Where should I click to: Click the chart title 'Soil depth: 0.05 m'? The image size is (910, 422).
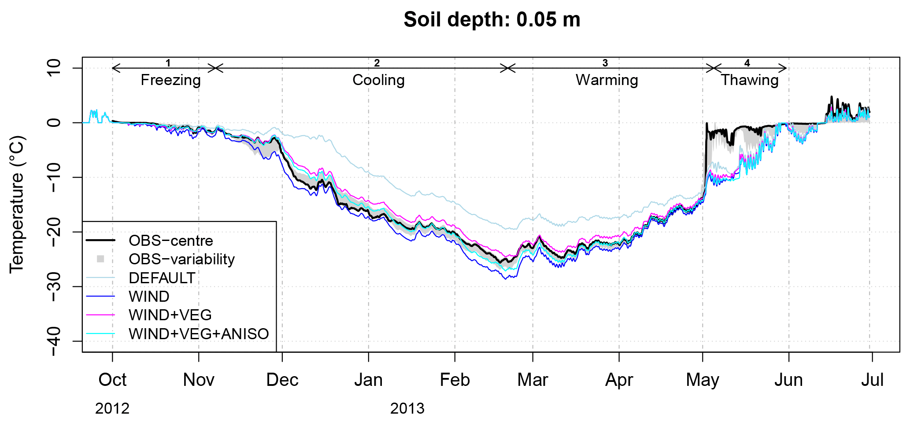pos(492,20)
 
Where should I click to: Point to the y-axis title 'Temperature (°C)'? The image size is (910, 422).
pos(17,204)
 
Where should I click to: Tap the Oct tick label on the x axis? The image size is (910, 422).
pos(112,380)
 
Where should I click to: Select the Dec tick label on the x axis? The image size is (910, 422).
pos(282,380)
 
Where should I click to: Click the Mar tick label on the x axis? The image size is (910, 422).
pos(533,380)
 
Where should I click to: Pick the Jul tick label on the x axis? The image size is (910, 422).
pos(872,380)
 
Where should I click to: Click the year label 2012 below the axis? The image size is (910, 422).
pos(112,409)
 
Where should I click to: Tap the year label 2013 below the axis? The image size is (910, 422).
pos(407,409)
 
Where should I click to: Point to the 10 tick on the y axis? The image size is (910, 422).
pos(55,68)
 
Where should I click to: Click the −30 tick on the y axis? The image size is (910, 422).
pos(55,286)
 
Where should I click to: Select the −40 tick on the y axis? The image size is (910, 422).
pos(55,341)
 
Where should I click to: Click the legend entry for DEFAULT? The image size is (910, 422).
pos(162,278)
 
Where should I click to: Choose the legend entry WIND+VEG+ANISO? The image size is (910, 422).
pos(199,334)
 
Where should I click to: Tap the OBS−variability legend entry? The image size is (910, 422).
pos(181,259)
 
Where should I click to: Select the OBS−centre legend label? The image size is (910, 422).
pos(171,241)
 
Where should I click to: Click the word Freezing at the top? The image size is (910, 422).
pos(170,80)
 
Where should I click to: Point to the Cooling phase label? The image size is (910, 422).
pos(378,80)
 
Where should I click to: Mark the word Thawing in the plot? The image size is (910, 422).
pos(750,80)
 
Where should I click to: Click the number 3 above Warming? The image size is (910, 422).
pos(605,63)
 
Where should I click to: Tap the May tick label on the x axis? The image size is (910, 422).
pos(703,380)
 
